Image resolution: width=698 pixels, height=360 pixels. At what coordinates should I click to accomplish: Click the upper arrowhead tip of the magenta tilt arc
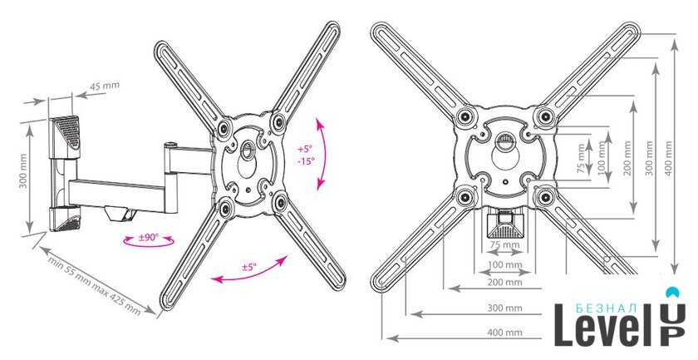click(317, 119)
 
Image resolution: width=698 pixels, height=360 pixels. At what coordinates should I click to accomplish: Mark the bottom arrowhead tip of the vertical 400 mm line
click(676, 274)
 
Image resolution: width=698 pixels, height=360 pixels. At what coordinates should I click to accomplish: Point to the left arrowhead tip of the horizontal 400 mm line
click(387, 338)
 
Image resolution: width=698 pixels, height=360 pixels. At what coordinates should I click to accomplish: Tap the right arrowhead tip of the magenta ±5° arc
click(288, 256)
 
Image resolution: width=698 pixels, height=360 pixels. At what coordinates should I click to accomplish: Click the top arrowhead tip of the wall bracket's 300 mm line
click(30, 126)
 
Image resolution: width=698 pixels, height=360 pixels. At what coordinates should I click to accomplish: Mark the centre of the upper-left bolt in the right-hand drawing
click(465, 116)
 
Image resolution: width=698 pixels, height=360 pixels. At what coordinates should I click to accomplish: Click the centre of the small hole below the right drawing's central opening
click(505, 182)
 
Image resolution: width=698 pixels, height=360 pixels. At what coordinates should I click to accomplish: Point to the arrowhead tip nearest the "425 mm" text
click(156, 314)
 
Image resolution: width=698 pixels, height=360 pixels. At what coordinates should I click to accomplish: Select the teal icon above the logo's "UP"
click(672, 293)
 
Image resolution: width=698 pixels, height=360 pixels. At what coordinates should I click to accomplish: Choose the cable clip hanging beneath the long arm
click(121, 213)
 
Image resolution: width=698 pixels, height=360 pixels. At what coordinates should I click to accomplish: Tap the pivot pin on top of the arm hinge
click(170, 145)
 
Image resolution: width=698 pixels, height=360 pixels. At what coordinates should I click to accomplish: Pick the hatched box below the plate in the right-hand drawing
click(505, 225)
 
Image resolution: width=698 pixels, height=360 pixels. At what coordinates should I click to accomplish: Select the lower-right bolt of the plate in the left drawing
click(281, 203)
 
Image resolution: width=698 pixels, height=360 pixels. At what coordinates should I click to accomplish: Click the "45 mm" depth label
click(105, 86)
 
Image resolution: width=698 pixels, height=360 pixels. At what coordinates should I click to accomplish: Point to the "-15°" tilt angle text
click(307, 160)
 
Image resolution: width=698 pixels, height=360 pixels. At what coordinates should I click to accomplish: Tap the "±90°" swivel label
click(148, 238)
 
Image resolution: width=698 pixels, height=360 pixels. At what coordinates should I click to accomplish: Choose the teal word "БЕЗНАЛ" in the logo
click(607, 308)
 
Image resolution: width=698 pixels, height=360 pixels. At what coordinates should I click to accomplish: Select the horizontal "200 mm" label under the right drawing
click(505, 282)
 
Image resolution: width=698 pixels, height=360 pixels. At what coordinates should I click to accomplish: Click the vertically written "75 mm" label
click(581, 159)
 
